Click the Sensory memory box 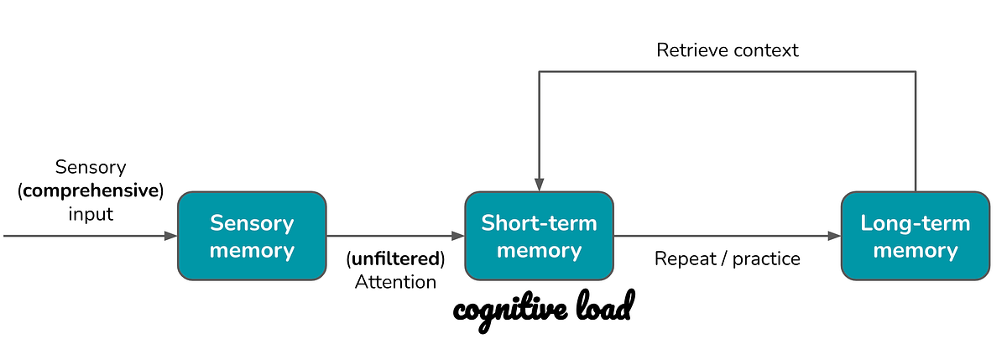[252, 236]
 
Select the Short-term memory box [539, 236]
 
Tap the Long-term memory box [915, 236]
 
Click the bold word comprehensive [91, 190]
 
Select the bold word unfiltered [395, 258]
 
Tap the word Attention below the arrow [395, 282]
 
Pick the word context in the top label [764, 50]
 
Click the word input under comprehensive [91, 214]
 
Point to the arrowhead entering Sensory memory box [171, 237]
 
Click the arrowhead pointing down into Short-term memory [539, 185]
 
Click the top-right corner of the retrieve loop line [915, 72]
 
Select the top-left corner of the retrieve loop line [539, 72]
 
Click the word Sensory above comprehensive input [91, 167]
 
